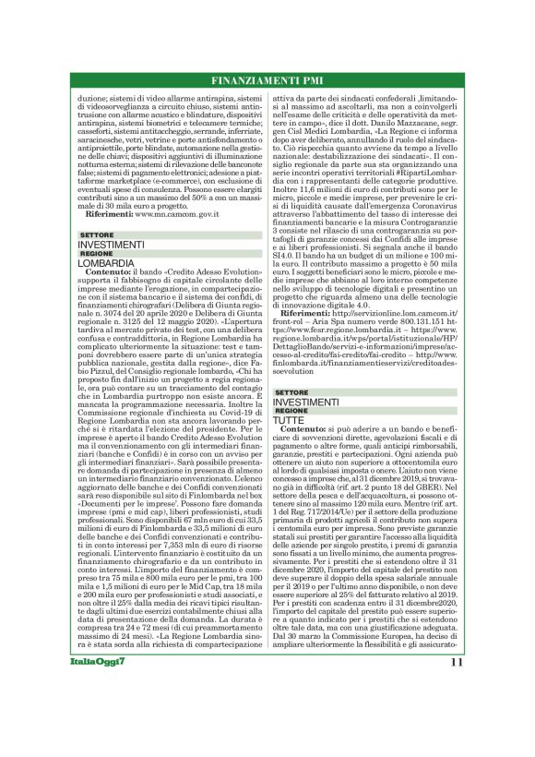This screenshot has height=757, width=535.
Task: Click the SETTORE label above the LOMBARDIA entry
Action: pos(95,235)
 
